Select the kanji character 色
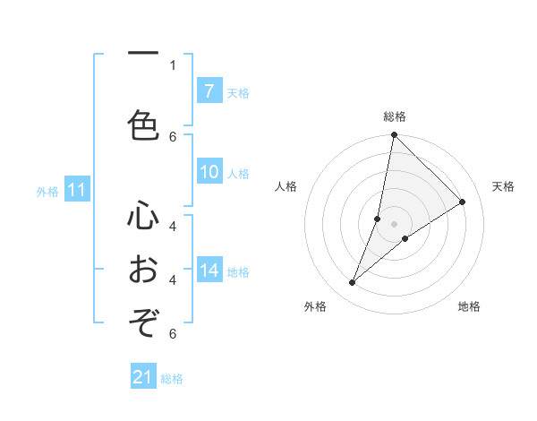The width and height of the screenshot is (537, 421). click(x=143, y=124)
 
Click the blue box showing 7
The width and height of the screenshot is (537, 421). click(x=209, y=91)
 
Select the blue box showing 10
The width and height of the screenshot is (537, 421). click(x=209, y=173)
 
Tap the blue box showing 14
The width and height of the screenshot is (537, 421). click(x=209, y=271)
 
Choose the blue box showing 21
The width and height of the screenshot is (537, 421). click(x=143, y=377)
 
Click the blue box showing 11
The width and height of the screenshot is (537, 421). click(x=76, y=190)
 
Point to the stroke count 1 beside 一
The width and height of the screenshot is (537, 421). click(x=173, y=64)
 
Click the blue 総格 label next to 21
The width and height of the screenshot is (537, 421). click(x=172, y=379)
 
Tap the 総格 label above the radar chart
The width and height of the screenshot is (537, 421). click(x=395, y=116)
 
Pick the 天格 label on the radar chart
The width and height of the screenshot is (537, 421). click(x=503, y=186)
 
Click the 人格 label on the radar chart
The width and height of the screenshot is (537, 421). click(x=286, y=186)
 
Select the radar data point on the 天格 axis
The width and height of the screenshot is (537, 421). click(x=463, y=202)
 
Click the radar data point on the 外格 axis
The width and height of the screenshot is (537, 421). click(x=352, y=283)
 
